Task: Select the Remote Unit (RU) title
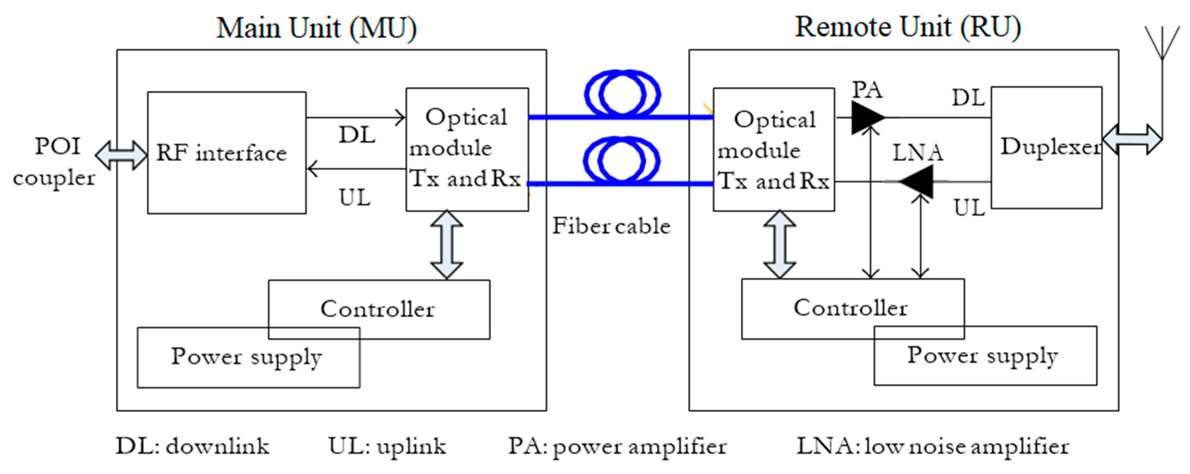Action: click(907, 27)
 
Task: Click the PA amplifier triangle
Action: click(867, 118)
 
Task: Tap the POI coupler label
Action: click(55, 162)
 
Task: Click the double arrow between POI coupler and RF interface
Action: click(121, 155)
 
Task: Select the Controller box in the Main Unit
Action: click(379, 309)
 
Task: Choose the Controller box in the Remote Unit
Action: click(853, 308)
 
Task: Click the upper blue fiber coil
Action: click(622, 93)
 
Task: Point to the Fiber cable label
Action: click(611, 226)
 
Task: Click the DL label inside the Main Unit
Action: click(357, 135)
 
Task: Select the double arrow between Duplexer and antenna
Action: click(1132, 139)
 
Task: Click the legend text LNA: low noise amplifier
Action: click(932, 446)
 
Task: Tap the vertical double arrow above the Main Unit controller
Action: click(447, 245)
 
